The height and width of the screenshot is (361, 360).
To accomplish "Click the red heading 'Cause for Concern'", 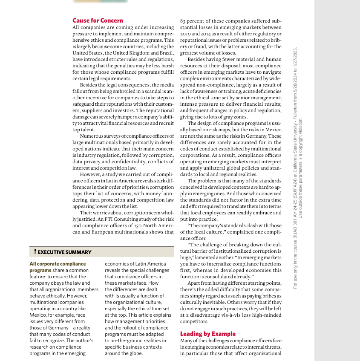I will point(98,20).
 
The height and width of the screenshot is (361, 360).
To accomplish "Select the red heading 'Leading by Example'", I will point(207,334).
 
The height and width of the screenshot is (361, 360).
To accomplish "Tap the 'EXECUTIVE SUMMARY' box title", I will point(64,252).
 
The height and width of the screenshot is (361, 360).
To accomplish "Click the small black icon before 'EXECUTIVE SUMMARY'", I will point(35,252).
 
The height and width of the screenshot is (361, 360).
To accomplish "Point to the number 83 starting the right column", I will point(183,21).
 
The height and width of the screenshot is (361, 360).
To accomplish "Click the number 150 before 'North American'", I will point(135,225).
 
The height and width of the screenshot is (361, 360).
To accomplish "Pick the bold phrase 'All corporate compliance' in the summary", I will point(58,264).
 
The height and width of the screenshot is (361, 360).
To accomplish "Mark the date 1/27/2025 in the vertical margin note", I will point(295,57).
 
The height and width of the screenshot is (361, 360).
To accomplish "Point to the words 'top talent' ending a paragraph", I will point(84,130).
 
